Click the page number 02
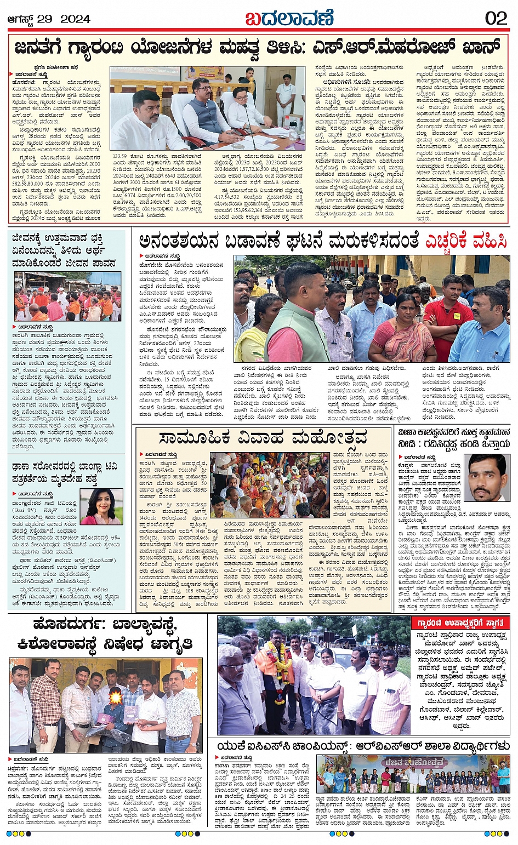coord(496,18)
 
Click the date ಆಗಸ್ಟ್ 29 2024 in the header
coord(49,19)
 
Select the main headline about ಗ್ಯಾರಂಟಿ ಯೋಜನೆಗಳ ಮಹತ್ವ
coord(258,48)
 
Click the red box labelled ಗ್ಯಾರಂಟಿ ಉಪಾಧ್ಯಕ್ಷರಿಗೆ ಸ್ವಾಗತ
coord(460,623)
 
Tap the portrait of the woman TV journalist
coord(101,506)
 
